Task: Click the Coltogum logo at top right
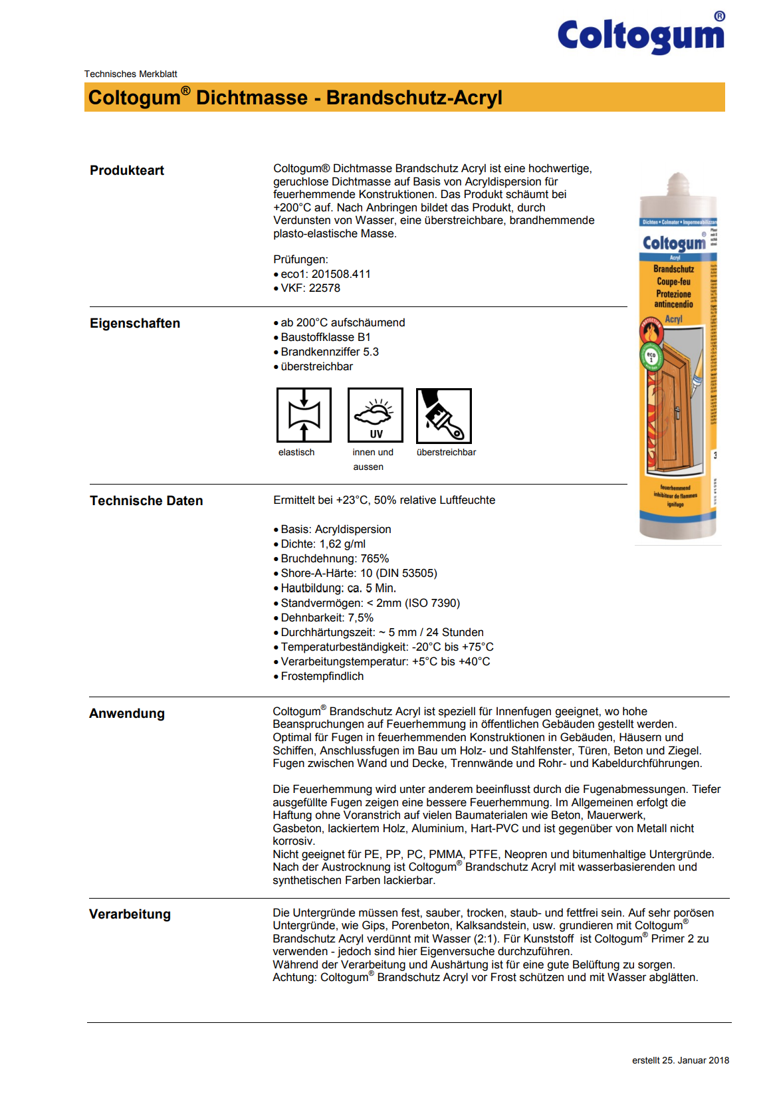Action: click(641, 35)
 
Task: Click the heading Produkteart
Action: click(127, 170)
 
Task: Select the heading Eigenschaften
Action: click(135, 323)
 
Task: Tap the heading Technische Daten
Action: click(146, 500)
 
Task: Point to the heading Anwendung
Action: click(127, 713)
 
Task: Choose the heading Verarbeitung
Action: click(130, 914)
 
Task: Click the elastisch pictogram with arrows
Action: click(304, 415)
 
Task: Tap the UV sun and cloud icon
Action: click(376, 415)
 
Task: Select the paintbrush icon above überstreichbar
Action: click(444, 415)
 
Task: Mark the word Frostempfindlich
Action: click(322, 676)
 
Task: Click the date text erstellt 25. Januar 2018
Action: click(680, 1060)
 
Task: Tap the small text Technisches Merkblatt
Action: click(130, 74)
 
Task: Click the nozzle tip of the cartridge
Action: click(677, 180)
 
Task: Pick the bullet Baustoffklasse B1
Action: click(326, 337)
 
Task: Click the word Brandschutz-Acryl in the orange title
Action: click(414, 98)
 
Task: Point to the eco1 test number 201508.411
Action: click(341, 274)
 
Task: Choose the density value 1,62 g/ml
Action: click(342, 544)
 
